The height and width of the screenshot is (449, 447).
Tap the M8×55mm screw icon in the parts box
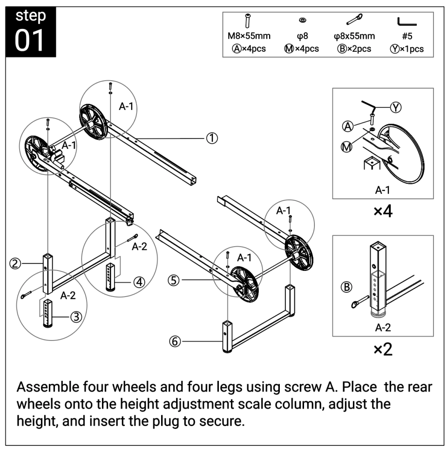[x=248, y=21]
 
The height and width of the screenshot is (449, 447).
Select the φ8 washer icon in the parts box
[x=302, y=21]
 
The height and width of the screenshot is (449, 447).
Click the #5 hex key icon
[x=406, y=21]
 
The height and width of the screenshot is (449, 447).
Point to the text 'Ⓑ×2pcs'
[x=354, y=48]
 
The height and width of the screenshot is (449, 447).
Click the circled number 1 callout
[x=212, y=138]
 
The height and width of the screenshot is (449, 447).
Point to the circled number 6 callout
[x=175, y=341]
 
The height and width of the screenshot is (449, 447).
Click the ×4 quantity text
[x=383, y=211]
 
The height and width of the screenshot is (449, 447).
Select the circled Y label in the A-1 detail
[x=395, y=107]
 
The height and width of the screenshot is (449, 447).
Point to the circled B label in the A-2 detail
[x=347, y=287]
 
